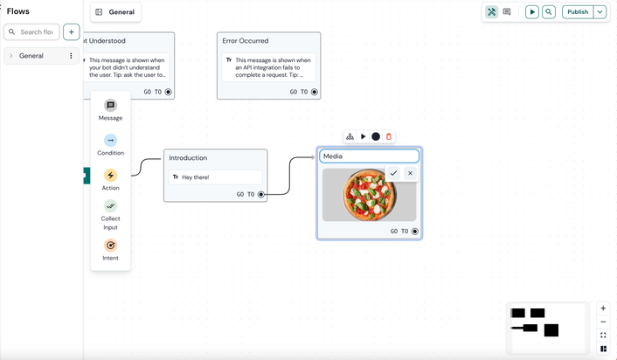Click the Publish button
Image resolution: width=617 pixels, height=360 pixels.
(x=578, y=12)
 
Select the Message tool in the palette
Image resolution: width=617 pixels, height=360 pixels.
(x=110, y=106)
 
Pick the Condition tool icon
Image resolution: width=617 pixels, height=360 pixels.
(x=110, y=141)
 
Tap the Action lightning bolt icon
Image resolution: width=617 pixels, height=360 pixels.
(x=110, y=176)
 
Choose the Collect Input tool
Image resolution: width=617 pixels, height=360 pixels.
(x=110, y=206)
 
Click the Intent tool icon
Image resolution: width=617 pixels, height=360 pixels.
(x=110, y=246)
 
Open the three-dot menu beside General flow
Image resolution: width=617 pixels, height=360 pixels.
(x=72, y=56)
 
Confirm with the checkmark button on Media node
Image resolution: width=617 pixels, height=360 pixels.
(x=393, y=173)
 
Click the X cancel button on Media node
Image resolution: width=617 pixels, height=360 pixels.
(x=410, y=173)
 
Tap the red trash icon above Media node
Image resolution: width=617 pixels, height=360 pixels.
(x=389, y=136)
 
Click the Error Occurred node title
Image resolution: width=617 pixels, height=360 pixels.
(x=246, y=41)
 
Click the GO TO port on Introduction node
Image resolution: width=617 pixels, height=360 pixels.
(x=260, y=195)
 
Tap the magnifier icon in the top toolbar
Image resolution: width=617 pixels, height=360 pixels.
(x=549, y=12)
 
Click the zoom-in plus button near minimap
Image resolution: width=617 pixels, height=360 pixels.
(x=603, y=308)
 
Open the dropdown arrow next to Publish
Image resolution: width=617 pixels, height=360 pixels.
(x=600, y=12)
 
